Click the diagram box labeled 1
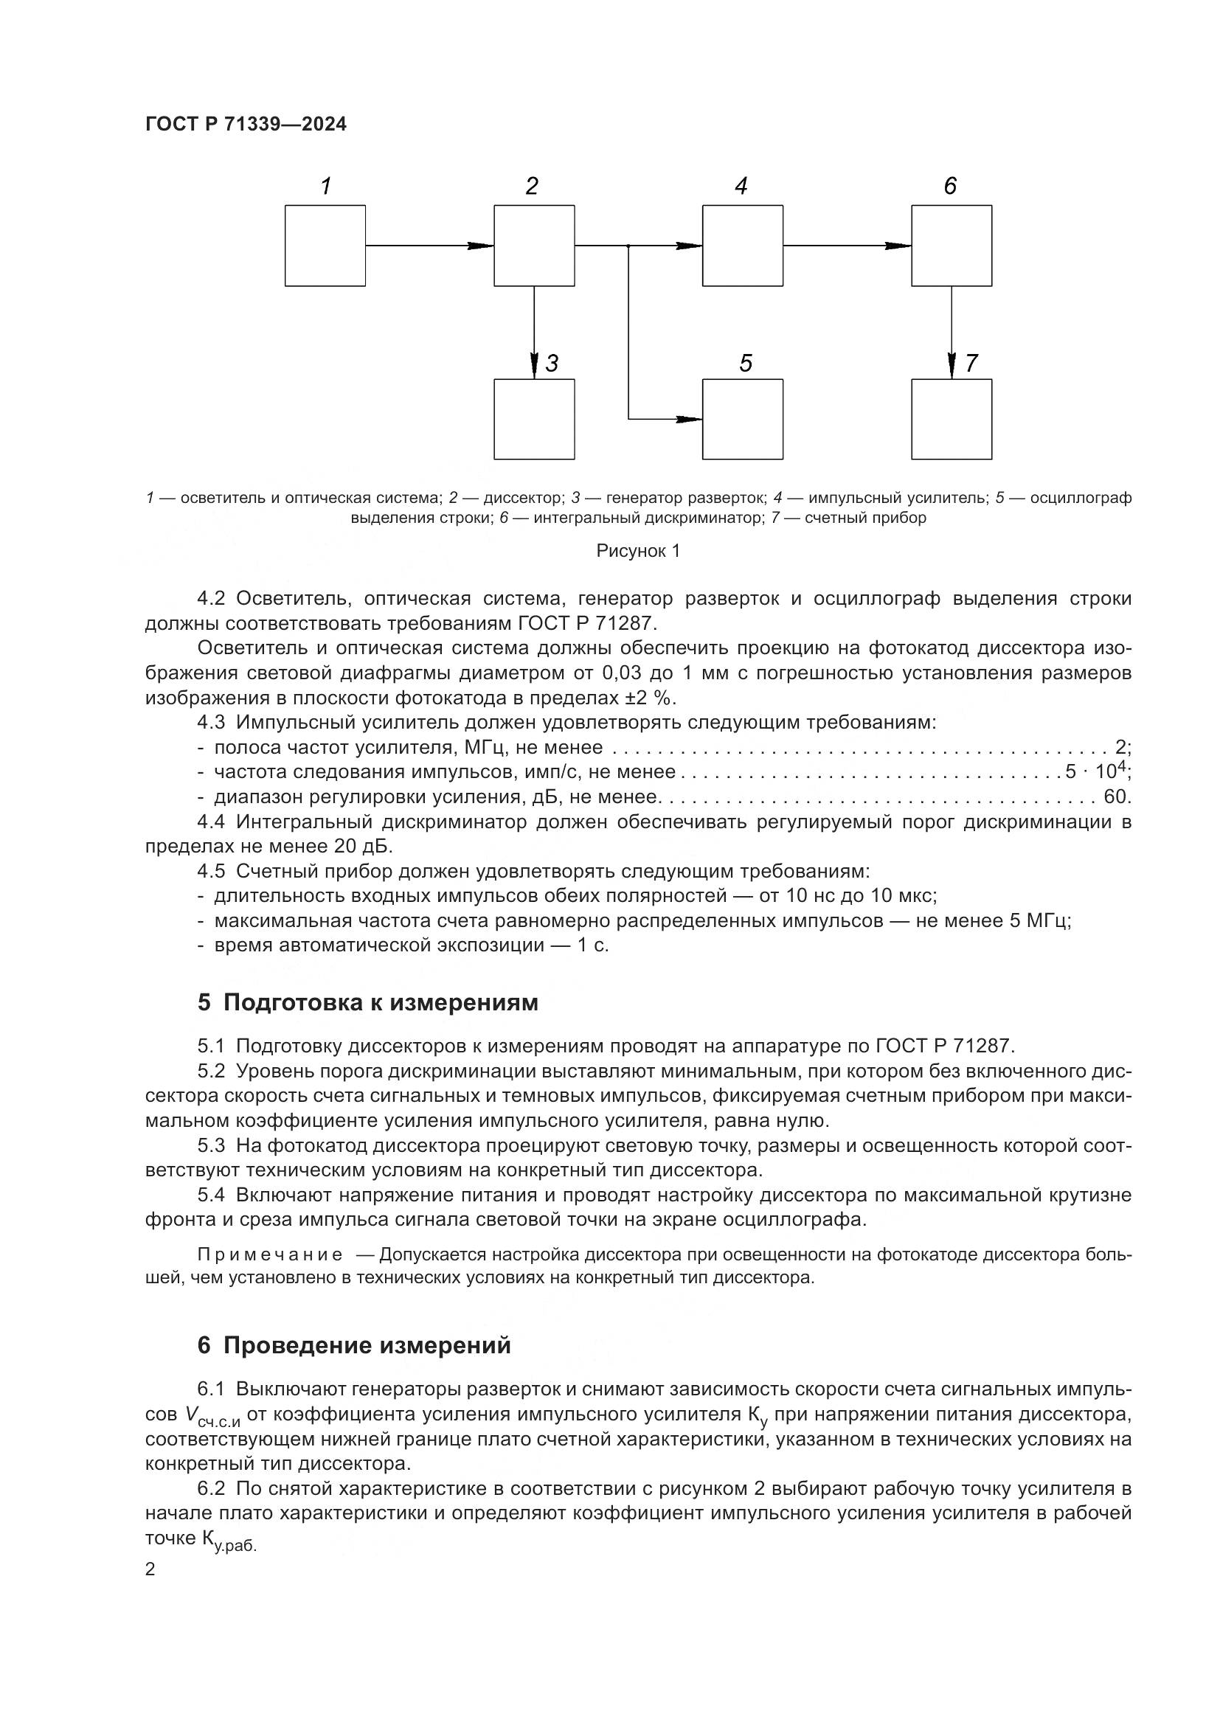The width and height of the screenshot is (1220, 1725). [x=325, y=246]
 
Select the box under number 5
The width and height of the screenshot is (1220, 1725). [x=742, y=419]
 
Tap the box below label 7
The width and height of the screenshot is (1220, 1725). [x=951, y=419]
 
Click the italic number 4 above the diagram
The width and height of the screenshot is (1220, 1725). [x=741, y=187]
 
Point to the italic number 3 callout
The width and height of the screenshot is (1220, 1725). [x=552, y=364]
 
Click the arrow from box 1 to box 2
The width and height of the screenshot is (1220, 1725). [x=429, y=246]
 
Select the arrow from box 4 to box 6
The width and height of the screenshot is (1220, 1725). [x=847, y=246]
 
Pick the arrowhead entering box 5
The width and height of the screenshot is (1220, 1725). [x=689, y=419]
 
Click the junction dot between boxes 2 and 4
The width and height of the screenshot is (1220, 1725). [x=628, y=246]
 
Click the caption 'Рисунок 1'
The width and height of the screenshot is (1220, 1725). [x=638, y=551]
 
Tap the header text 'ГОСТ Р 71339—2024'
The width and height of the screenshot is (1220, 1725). [x=246, y=125]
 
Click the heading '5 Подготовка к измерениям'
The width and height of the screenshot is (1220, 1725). [x=367, y=1002]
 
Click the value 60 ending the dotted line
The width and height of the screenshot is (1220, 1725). [x=1115, y=796]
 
